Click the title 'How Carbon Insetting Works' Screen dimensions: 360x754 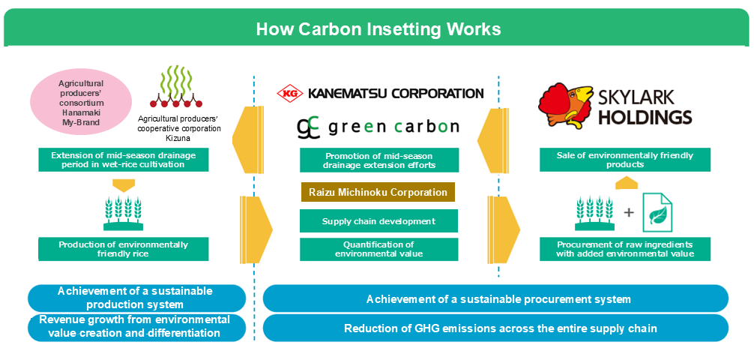378,29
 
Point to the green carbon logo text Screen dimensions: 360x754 378,126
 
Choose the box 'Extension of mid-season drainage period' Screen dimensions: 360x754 124,160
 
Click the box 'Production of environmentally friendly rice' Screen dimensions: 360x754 124,249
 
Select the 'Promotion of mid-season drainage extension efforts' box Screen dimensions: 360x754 378,160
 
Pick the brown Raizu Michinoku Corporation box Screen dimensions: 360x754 378,193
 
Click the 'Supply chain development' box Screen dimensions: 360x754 378,221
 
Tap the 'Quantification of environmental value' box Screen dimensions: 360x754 378,249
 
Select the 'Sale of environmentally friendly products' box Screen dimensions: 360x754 625,160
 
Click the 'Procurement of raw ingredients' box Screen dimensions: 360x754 625,249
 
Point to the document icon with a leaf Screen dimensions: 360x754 657,212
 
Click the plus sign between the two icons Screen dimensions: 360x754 628,212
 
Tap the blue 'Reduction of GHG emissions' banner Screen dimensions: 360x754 495,328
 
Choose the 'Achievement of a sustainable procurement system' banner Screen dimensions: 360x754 495,299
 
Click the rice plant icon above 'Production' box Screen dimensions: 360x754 123,213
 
